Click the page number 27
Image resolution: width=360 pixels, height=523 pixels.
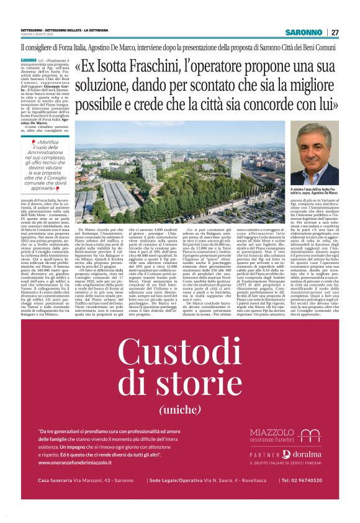click(x=335, y=32)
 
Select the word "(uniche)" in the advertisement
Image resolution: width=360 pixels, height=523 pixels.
click(x=179, y=410)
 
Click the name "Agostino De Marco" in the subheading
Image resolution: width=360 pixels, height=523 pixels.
click(x=131, y=47)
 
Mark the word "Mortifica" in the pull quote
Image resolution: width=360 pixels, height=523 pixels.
click(x=56, y=143)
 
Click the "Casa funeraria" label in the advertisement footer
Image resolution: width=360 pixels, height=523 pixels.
click(x=55, y=481)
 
